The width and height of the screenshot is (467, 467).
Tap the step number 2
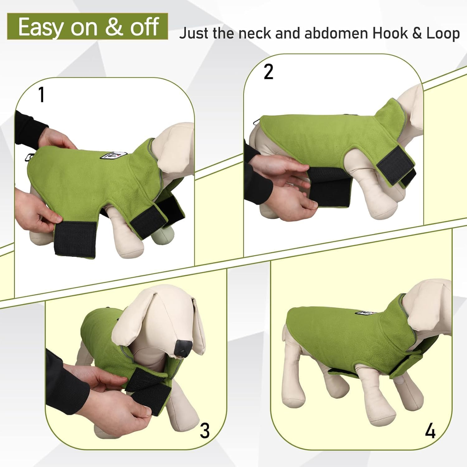tap(268, 72)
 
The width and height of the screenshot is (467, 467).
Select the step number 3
tap(205, 431)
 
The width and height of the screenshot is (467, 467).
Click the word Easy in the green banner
tap(40, 27)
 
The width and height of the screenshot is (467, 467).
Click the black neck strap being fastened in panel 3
tap(146, 389)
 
